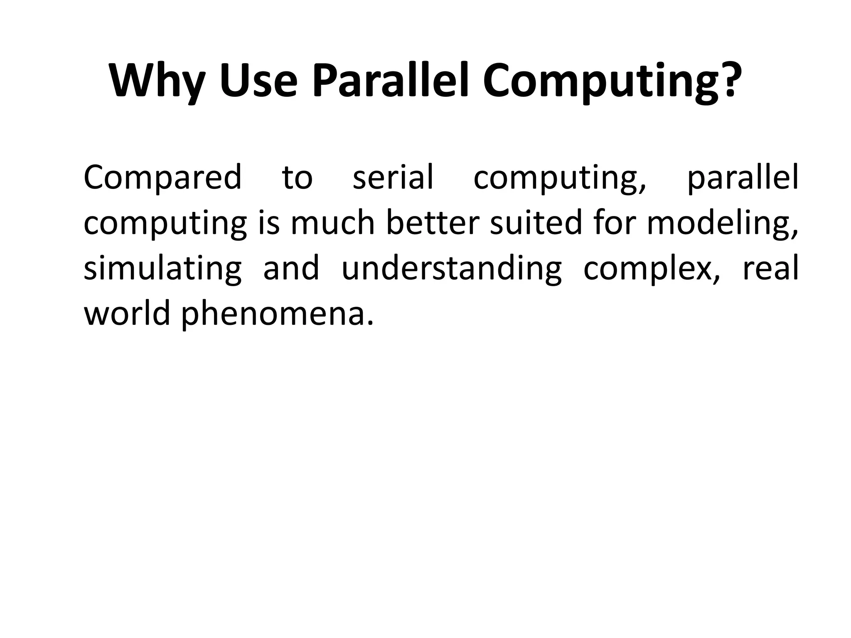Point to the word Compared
pyautogui.click(x=162, y=177)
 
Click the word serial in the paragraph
pyautogui.click(x=393, y=177)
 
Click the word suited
pyautogui.click(x=536, y=223)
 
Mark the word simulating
pyautogui.click(x=162, y=269)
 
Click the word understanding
pyautogui.click(x=451, y=269)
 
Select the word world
pyautogui.click(x=127, y=314)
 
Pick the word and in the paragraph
pyautogui.click(x=291, y=268)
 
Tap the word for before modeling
pyautogui.click(x=615, y=223)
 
